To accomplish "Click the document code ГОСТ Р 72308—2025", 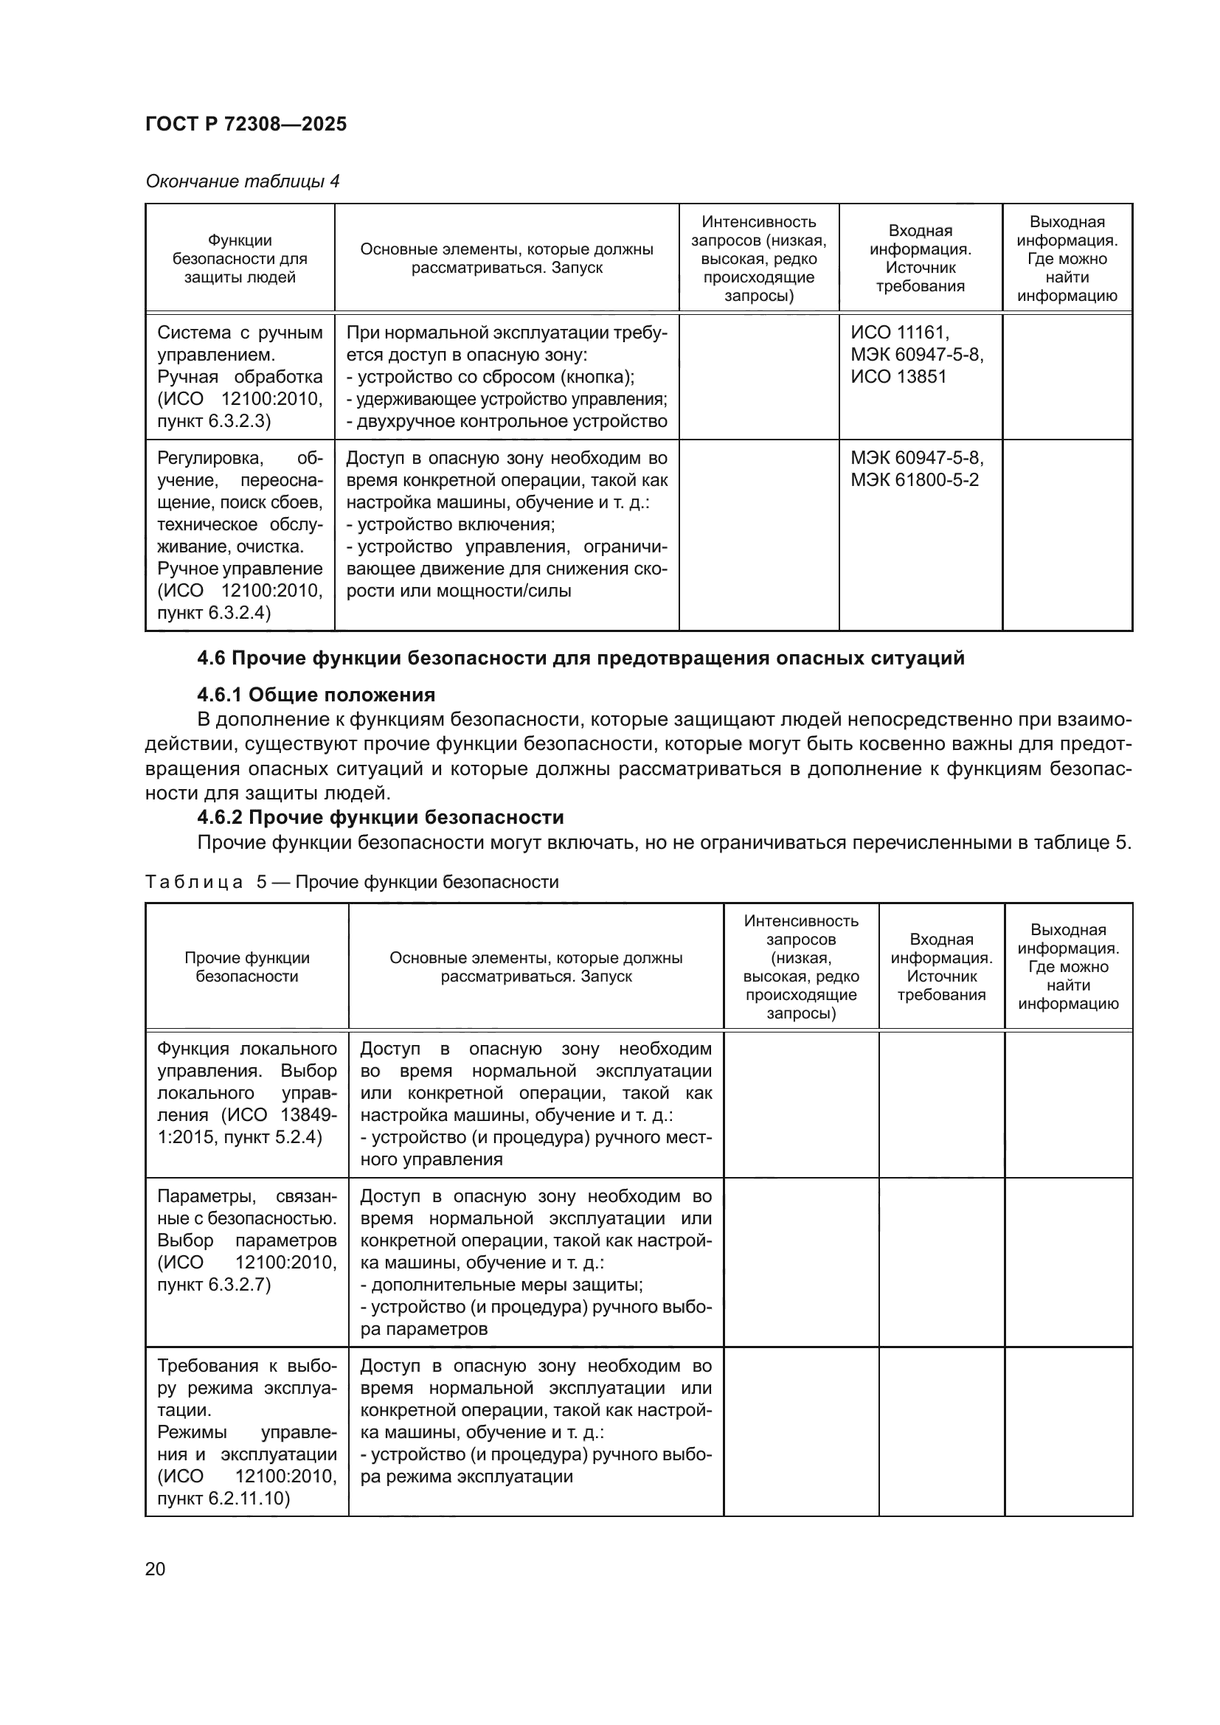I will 246,124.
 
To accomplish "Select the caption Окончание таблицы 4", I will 242,181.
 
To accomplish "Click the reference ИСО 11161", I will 899,333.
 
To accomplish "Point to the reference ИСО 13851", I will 898,376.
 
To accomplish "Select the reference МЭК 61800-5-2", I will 914,479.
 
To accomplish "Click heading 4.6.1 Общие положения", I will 316,694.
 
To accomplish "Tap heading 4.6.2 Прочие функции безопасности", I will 380,816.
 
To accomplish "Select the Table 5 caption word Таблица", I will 194,881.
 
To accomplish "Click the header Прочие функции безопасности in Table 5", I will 246,967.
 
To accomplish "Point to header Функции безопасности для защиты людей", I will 240,258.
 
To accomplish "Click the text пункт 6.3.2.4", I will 213,612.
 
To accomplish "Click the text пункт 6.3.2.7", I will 213,1284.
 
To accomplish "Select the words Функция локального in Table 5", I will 246,1049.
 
